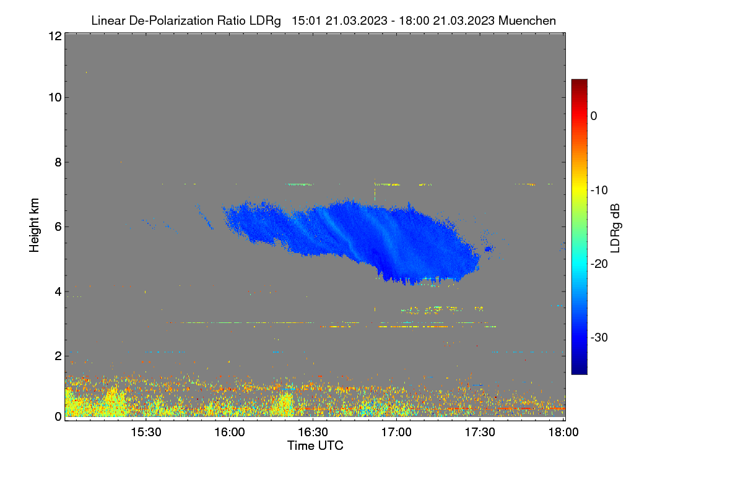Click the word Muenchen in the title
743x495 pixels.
click(527, 20)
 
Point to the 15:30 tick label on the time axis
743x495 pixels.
click(146, 432)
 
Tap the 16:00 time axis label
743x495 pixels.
click(230, 432)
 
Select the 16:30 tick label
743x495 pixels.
click(313, 432)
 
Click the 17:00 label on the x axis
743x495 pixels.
click(396, 432)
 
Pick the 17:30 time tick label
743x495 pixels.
click(480, 432)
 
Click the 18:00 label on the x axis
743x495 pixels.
click(563, 432)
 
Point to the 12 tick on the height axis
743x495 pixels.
click(55, 36)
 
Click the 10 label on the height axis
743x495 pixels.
click(55, 98)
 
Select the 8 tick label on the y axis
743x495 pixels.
click(59, 162)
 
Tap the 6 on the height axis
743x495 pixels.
click(59, 227)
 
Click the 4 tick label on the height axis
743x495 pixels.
click(59, 292)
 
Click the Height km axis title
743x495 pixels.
click(34, 225)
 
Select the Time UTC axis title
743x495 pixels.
click(315, 445)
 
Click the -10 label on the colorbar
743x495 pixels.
click(599, 191)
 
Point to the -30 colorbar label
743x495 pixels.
click(599, 337)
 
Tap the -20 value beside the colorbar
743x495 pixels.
click(599, 264)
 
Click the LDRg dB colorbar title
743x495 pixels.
click(615, 228)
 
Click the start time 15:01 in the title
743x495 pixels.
click(306, 20)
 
